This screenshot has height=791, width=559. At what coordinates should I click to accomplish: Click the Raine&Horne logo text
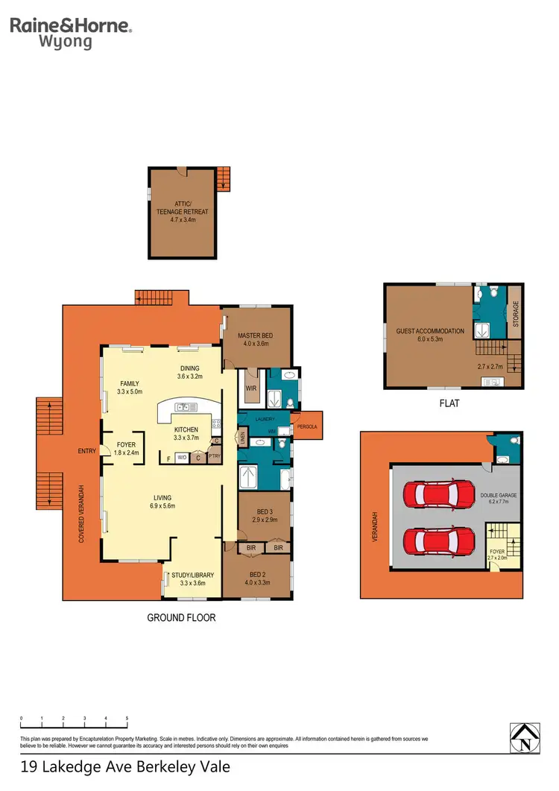click(71, 26)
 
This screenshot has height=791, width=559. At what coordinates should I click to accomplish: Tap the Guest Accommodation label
click(430, 331)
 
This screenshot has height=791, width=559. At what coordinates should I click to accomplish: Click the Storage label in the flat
click(514, 315)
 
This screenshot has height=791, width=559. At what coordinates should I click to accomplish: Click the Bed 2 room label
click(257, 577)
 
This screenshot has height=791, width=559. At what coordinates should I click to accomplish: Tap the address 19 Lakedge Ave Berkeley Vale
click(125, 766)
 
